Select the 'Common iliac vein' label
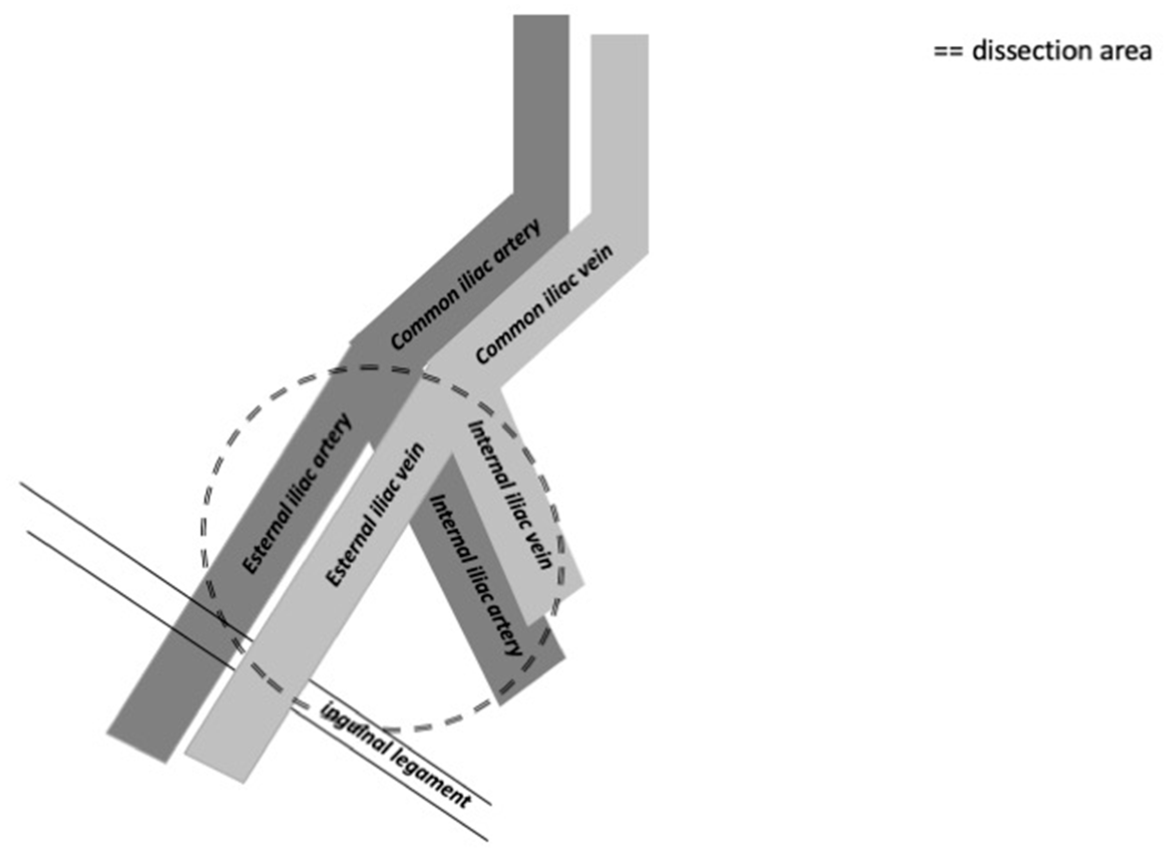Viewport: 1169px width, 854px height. (x=545, y=304)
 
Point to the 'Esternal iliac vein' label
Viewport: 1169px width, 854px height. (x=376, y=515)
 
